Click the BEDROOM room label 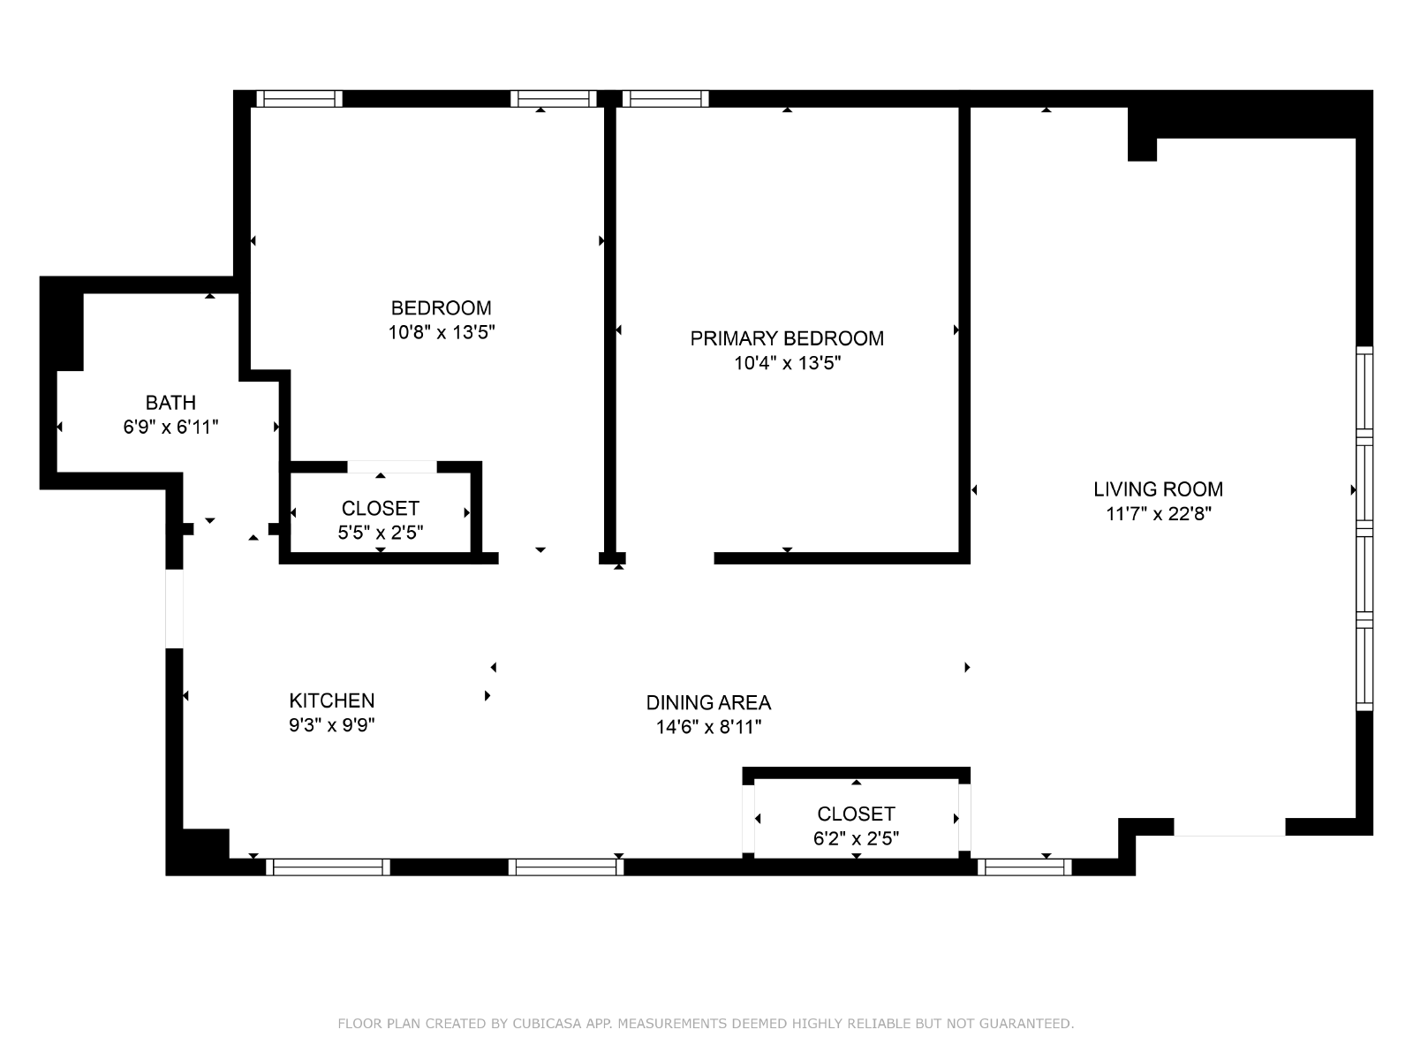click(x=441, y=307)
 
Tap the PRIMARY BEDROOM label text click(x=787, y=338)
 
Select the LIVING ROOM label click(x=1158, y=489)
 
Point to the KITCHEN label click(x=331, y=700)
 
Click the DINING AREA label click(x=708, y=703)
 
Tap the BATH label click(x=170, y=403)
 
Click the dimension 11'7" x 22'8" click(x=1159, y=514)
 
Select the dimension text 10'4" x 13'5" click(x=787, y=363)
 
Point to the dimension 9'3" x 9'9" click(x=331, y=725)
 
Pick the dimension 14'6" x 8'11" click(x=708, y=727)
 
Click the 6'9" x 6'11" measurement click(x=170, y=428)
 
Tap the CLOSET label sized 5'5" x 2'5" click(x=381, y=509)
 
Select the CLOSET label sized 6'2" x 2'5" click(x=856, y=814)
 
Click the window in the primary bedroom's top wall click(x=666, y=98)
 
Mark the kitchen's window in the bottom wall click(x=328, y=867)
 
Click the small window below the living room click(x=1024, y=867)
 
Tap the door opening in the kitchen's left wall click(x=175, y=609)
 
